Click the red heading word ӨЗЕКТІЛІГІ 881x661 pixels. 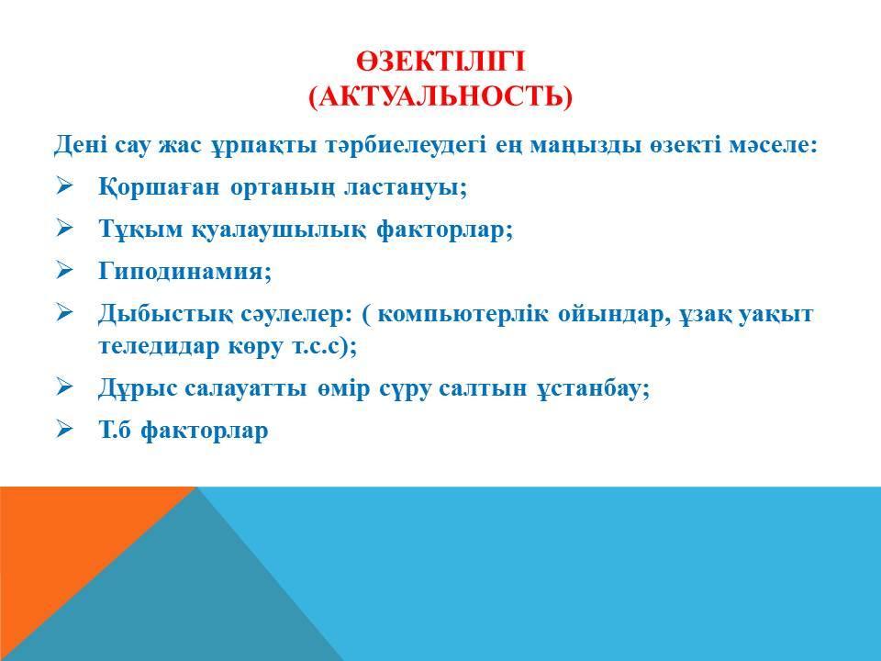tap(440, 62)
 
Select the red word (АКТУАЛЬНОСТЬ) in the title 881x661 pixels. tap(440, 96)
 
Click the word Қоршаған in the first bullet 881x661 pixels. tap(159, 187)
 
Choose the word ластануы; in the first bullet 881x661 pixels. tap(405, 187)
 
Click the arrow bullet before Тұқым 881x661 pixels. tap(64, 228)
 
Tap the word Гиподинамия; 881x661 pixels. tap(185, 272)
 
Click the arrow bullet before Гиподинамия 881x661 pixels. tap(64, 270)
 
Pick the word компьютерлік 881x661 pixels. tap(463, 314)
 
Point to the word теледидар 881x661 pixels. tap(159, 346)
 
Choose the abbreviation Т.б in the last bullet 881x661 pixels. tap(116, 430)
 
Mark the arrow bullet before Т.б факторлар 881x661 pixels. tap(64, 430)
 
